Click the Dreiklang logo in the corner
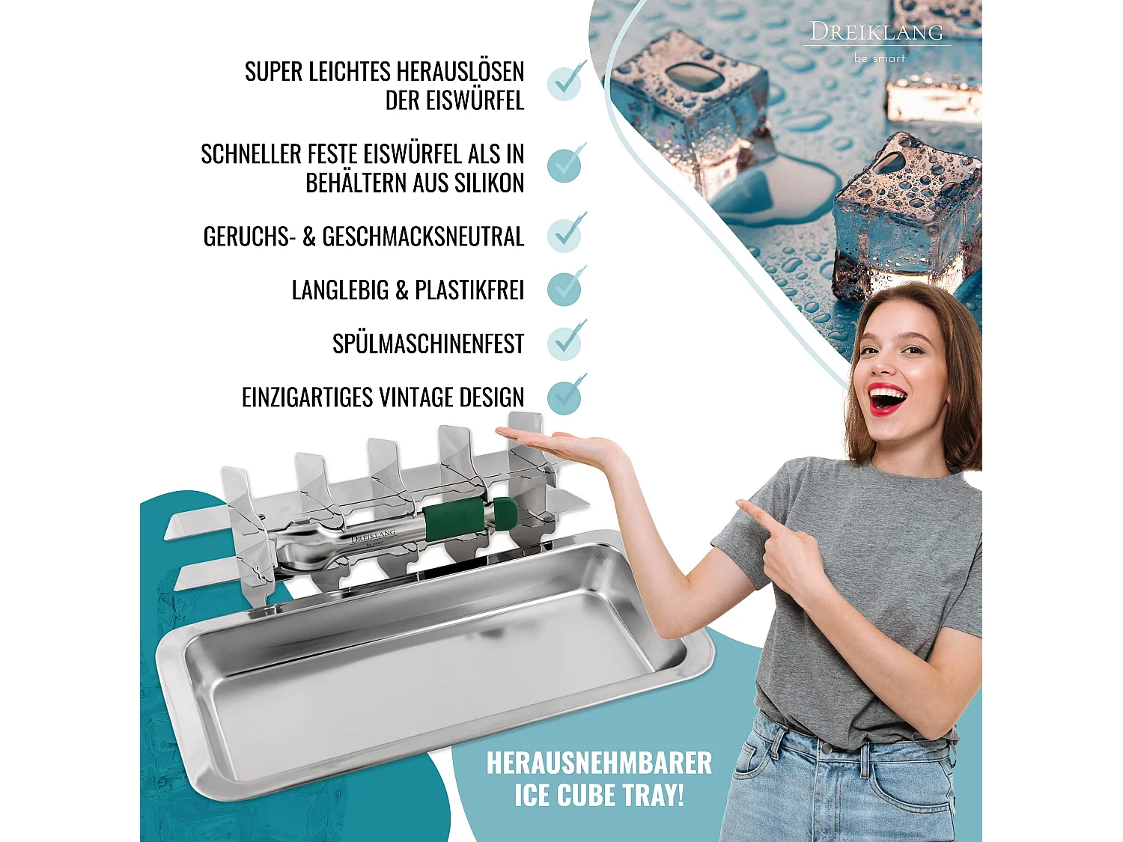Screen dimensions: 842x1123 point(877,32)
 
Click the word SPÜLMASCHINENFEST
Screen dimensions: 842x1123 point(427,344)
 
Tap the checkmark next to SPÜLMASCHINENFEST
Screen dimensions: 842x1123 point(565,341)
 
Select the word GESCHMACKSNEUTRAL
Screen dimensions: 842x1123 point(423,237)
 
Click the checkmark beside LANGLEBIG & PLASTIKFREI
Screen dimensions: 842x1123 point(565,288)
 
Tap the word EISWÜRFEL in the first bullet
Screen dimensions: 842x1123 point(454,100)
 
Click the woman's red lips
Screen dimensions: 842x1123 point(887,397)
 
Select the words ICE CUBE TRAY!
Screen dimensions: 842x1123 point(599,796)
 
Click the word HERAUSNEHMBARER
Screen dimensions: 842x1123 point(599,763)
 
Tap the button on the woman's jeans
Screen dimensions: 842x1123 point(825,746)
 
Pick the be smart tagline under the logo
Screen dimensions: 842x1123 point(879,58)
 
